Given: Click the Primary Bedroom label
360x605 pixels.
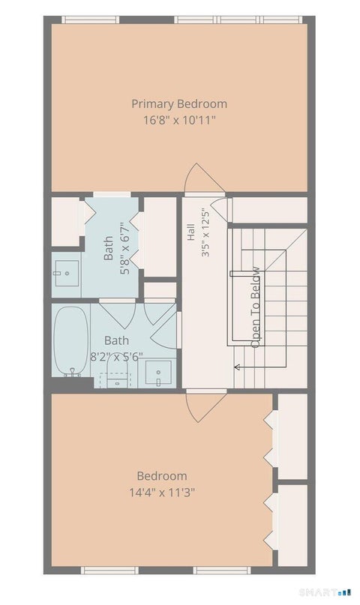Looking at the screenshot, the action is [179, 104].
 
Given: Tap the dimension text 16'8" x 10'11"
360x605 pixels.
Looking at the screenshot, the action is [179, 121].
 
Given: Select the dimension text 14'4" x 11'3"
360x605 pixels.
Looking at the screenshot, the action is [162, 493].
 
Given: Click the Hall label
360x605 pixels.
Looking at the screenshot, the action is [191, 232].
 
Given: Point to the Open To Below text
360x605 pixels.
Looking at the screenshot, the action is [255, 307].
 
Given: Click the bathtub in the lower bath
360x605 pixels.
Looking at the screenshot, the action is [70, 341].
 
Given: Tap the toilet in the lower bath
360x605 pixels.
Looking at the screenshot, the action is [117, 370].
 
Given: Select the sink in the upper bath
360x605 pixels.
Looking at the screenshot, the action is [67, 273].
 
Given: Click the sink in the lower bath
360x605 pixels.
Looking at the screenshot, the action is [158, 373].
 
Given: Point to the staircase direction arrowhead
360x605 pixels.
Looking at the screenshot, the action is [236, 367].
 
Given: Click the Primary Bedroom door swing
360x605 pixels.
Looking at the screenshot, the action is [204, 178].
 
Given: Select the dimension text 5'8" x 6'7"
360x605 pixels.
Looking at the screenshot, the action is [125, 248].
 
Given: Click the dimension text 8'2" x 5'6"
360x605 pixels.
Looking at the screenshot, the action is [116, 357].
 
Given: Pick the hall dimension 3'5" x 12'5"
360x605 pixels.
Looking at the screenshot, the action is [205, 232].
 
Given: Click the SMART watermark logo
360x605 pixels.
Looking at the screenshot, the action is [325, 592].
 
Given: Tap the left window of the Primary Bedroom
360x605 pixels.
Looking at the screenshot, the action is [90, 19].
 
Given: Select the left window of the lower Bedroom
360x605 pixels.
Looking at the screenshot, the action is [109, 571].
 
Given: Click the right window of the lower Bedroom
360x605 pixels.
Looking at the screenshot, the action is [222, 571].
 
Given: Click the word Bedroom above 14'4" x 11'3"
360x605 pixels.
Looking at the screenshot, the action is [162, 476].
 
